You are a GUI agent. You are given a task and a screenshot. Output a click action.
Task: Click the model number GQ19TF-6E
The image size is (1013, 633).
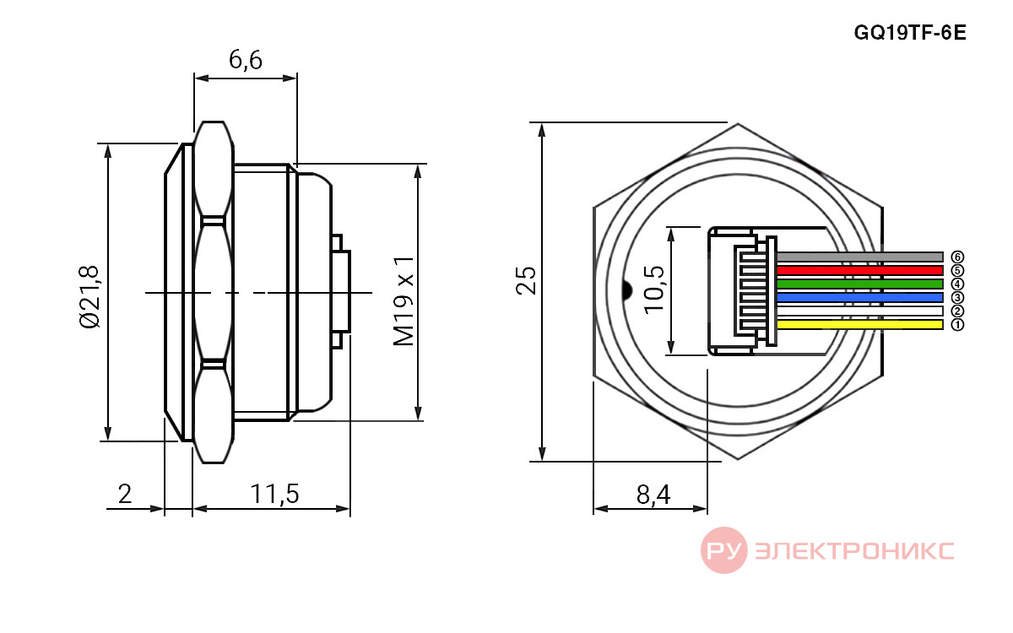click(909, 33)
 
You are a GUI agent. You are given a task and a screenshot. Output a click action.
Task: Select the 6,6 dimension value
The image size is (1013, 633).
click(245, 60)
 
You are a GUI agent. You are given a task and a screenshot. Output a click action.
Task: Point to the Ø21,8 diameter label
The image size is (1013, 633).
click(89, 296)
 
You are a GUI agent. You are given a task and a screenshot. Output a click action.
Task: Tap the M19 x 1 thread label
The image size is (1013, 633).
click(404, 301)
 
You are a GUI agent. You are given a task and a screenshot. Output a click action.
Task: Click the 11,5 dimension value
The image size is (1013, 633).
click(274, 494)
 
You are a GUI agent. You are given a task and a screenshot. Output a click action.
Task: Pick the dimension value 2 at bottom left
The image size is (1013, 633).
click(125, 494)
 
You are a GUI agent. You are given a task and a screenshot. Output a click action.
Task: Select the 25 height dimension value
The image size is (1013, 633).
click(525, 281)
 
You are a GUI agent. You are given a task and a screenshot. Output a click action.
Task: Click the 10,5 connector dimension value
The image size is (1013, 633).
click(654, 289)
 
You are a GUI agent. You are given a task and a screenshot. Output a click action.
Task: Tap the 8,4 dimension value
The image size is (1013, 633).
click(653, 495)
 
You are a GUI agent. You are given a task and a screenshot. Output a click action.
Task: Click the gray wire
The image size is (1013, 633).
click(859, 257)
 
